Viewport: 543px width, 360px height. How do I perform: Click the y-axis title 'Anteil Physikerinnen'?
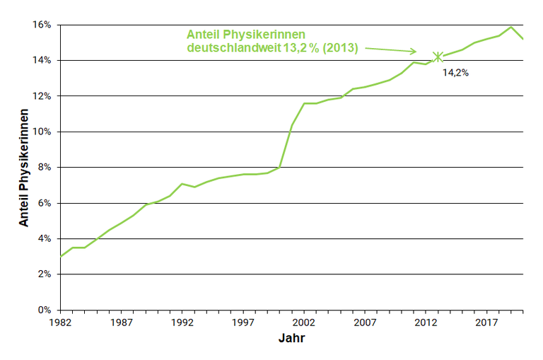tap(24, 168)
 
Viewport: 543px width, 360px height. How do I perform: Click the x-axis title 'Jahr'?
tap(291, 339)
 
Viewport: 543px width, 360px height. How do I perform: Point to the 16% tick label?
tap(42, 25)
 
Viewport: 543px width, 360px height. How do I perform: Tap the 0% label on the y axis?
tap(45, 310)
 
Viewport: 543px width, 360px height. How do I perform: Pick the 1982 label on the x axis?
tap(61, 323)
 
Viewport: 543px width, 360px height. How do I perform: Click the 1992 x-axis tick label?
tap(182, 323)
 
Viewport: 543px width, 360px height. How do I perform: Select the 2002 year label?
tap(304, 323)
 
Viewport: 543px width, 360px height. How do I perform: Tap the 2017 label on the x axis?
tap(486, 323)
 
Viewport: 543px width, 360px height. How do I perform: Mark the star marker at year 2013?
tap(438, 57)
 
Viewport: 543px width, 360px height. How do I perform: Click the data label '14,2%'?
tap(456, 72)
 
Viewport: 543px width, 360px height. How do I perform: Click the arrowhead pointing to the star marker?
tap(414, 52)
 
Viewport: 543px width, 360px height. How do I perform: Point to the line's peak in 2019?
tap(510, 27)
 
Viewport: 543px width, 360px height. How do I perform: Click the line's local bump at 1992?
tap(182, 184)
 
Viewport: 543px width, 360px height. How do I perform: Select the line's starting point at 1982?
tap(61, 256)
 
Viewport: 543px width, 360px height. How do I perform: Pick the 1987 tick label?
tap(122, 323)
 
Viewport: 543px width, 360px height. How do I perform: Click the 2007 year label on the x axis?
tap(365, 323)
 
